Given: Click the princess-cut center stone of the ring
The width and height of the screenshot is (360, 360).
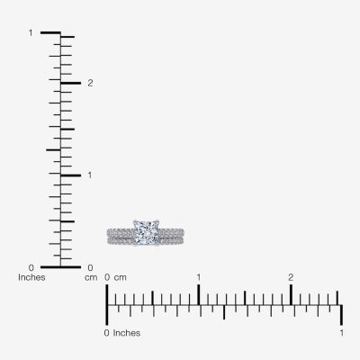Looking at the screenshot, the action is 146,232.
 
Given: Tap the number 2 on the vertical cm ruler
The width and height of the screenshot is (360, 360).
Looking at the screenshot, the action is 90,83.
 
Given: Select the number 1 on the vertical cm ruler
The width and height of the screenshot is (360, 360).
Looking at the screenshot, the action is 90,175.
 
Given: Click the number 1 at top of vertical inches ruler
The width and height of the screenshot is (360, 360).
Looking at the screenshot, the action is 31,32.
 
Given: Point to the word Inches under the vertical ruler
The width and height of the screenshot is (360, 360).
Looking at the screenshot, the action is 31,277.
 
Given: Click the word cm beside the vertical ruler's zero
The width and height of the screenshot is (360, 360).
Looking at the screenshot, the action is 91,278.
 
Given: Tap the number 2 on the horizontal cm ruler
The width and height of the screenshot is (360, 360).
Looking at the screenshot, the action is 291,277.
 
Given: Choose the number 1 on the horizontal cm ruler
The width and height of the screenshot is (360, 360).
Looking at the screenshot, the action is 199,277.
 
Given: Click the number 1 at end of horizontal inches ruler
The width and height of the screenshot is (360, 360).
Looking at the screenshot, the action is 342,333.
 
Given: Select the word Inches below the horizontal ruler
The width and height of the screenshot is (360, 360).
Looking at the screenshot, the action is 127,333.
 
